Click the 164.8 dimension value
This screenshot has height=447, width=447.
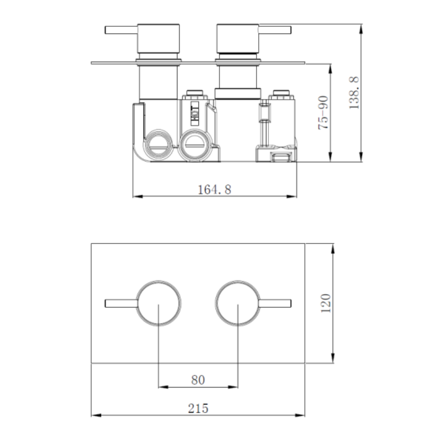click(215, 190)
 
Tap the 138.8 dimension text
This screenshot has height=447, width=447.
click(354, 93)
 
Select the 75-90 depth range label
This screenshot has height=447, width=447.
click(323, 113)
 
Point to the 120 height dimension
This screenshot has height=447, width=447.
click(325, 304)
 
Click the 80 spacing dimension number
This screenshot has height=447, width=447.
click(198, 380)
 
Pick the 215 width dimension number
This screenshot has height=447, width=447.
click(198, 408)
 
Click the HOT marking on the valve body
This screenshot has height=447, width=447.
click(195, 113)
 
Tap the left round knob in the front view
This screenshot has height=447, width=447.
click(158, 303)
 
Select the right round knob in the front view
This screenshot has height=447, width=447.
click(238, 303)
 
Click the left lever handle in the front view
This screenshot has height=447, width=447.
click(122, 304)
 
